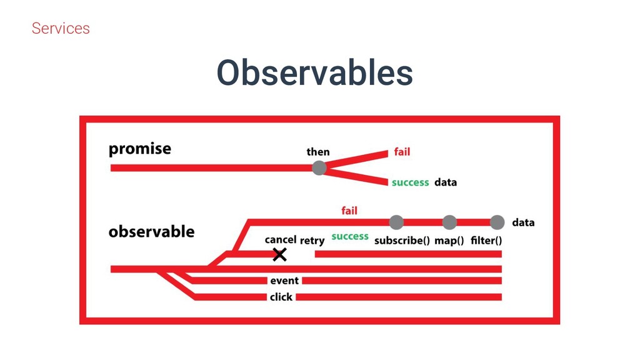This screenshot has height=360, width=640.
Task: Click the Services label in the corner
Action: point(61,28)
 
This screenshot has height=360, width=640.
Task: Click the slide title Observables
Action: point(314,73)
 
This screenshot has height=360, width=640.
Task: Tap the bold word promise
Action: point(139,149)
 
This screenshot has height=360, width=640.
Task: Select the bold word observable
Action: point(151,232)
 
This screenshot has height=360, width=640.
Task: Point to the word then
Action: point(318,152)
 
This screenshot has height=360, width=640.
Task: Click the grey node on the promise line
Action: point(319,167)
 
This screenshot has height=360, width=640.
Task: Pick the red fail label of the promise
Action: point(402,152)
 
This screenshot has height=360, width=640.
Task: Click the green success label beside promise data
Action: point(410,182)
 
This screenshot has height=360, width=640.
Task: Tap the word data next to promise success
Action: point(446,182)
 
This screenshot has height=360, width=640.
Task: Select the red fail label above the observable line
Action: point(349,211)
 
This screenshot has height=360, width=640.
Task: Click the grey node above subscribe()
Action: point(396,222)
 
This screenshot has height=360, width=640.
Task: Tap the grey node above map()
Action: point(449,222)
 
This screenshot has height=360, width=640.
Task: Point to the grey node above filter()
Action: point(497,222)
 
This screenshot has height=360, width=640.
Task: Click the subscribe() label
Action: point(402,241)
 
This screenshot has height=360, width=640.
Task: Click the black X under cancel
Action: point(279,254)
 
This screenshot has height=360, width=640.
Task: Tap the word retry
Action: point(312,240)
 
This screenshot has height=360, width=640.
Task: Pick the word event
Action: point(284,281)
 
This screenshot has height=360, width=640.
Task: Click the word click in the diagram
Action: point(281,297)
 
